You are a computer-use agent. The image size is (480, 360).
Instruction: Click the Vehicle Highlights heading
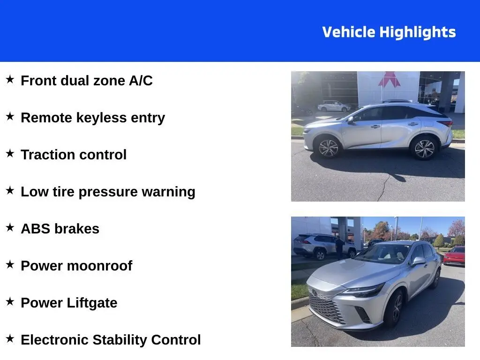pyautogui.click(x=389, y=32)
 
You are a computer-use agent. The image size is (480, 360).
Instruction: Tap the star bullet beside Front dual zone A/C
pyautogui.click(x=10, y=79)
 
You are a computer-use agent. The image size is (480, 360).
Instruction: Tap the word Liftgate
pyautogui.click(x=92, y=303)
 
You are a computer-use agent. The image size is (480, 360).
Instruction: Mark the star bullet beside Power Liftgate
pyautogui.click(x=10, y=301)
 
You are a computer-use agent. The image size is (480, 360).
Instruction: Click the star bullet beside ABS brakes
pyautogui.click(x=10, y=227)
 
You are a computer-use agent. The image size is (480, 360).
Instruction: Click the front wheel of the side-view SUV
pyautogui.click(x=329, y=148)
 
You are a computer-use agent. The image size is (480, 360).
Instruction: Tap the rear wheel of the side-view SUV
pyautogui.click(x=424, y=149)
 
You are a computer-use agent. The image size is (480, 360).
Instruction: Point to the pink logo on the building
pyautogui.click(x=389, y=79)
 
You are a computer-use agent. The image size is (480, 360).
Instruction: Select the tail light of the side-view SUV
pyautogui.click(x=446, y=123)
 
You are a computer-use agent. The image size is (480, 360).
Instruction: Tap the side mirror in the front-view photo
pyautogui.click(x=419, y=261)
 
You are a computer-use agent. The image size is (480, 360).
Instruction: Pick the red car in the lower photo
pyautogui.click(x=454, y=256)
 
